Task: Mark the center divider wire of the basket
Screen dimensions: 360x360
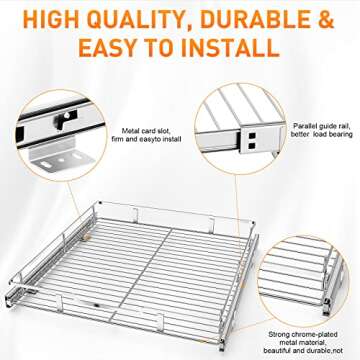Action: coord(161,255)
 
